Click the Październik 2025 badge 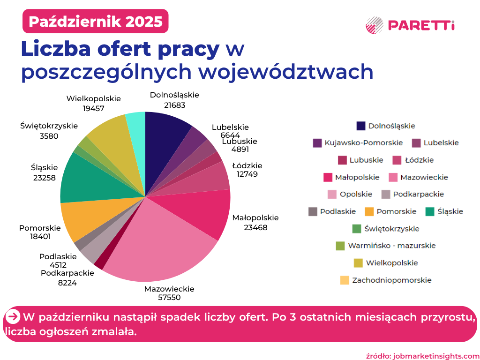pyautogui.click(x=95, y=22)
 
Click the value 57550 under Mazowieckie pyautogui.click(x=169, y=297)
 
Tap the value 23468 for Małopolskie pyautogui.click(x=255, y=227)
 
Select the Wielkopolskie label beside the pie pyautogui.click(x=94, y=99)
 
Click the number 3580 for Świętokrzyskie pyautogui.click(x=49, y=136)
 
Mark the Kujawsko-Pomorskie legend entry pyautogui.click(x=358, y=142)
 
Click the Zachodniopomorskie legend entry pyautogui.click(x=385, y=280)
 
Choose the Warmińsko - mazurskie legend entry pyautogui.click(x=386, y=246)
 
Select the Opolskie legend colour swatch pyautogui.click(x=332, y=194)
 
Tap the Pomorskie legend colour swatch pyautogui.click(x=369, y=211)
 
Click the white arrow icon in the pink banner pyautogui.click(x=14, y=317)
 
